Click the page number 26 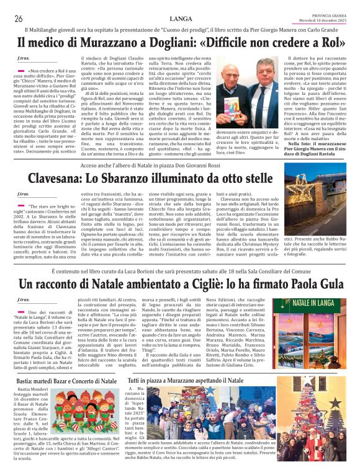19,19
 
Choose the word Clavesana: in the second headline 61,177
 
